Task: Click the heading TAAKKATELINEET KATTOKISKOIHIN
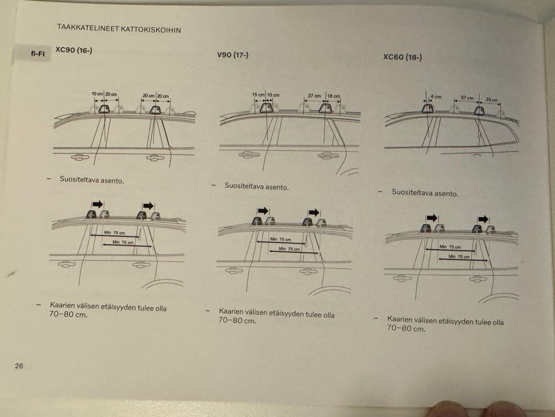[x=119, y=28]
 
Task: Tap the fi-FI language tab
[x=37, y=53]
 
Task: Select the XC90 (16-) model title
[x=73, y=50]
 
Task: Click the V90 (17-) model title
[x=232, y=55]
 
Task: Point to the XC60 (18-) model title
[x=402, y=57]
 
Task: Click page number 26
[x=18, y=365]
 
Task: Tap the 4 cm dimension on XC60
[x=436, y=97]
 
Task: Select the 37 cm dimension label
[x=467, y=97]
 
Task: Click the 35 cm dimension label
[x=491, y=100]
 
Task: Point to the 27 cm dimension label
[x=314, y=96]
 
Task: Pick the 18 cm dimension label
[x=334, y=96]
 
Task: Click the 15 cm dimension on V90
[x=258, y=94]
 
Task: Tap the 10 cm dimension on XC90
[x=97, y=94]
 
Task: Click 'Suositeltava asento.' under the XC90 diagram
[x=92, y=180]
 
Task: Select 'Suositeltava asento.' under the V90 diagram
[x=257, y=186]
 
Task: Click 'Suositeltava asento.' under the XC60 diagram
[x=425, y=192]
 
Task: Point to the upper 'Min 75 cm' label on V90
[x=281, y=239]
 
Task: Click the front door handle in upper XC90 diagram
[x=80, y=157]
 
